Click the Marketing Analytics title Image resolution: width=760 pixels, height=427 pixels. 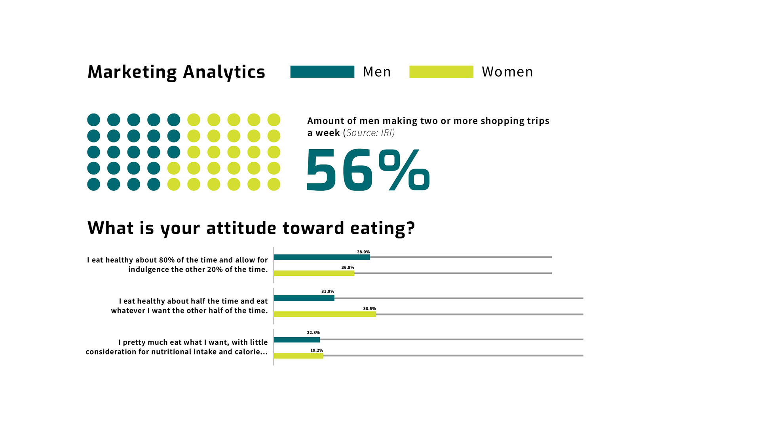pyautogui.click(x=176, y=72)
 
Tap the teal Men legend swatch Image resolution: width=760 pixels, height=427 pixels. pyautogui.click(x=322, y=72)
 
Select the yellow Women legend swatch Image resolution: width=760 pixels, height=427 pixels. pyautogui.click(x=441, y=72)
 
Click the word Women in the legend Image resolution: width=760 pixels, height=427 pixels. pyautogui.click(x=507, y=72)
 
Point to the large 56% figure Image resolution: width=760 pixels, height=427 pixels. pyautogui.click(x=368, y=170)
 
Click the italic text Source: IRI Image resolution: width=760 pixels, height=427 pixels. pyautogui.click(x=370, y=133)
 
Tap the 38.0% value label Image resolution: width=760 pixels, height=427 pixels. pyautogui.click(x=363, y=252)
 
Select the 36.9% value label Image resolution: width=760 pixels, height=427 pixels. pyautogui.click(x=348, y=268)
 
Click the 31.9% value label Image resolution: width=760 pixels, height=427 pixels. pyautogui.click(x=327, y=291)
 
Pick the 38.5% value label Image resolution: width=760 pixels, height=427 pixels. pyautogui.click(x=369, y=309)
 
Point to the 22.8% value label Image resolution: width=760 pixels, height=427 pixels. pyautogui.click(x=313, y=332)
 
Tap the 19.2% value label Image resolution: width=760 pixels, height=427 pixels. pyautogui.click(x=316, y=350)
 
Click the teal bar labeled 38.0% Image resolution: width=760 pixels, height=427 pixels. pyautogui.click(x=321, y=257)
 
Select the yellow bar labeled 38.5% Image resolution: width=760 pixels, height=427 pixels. pyautogui.click(x=325, y=314)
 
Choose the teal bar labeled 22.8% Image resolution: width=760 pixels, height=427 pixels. pyautogui.click(x=296, y=340)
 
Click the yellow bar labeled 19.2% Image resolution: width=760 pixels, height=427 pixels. pyautogui.click(x=298, y=356)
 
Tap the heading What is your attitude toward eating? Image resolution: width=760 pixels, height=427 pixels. pyautogui.click(x=251, y=228)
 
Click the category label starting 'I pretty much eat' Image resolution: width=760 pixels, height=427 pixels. pyautogui.click(x=177, y=347)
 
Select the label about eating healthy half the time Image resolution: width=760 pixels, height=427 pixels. pyautogui.click(x=189, y=306)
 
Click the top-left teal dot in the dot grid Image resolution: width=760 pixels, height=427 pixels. pyautogui.click(x=94, y=120)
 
